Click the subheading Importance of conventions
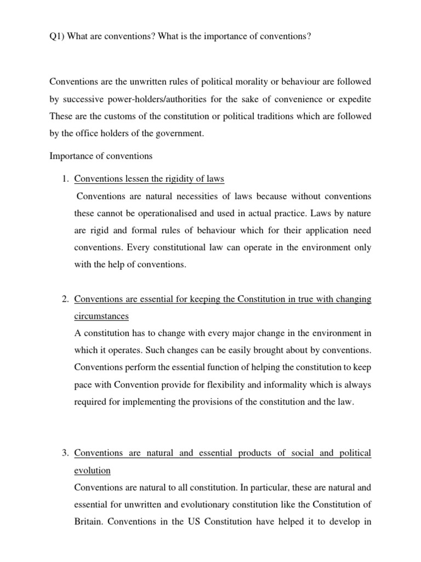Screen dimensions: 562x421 [x=101, y=156]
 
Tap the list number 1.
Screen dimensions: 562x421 [x=65, y=179]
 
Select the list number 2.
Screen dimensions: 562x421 [x=65, y=299]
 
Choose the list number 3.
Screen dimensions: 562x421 [x=65, y=453]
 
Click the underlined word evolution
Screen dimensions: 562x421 [x=92, y=470]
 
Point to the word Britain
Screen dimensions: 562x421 [x=88, y=521]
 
